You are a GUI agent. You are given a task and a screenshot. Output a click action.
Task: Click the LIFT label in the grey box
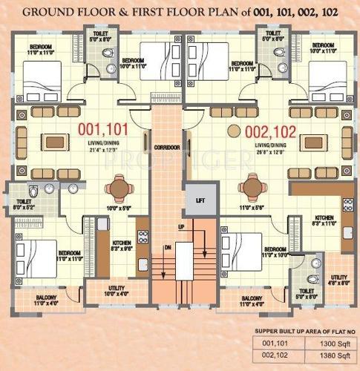199,200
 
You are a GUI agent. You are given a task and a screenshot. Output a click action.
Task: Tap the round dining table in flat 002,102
250,186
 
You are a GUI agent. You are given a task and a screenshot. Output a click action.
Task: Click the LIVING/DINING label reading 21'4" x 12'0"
109,146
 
